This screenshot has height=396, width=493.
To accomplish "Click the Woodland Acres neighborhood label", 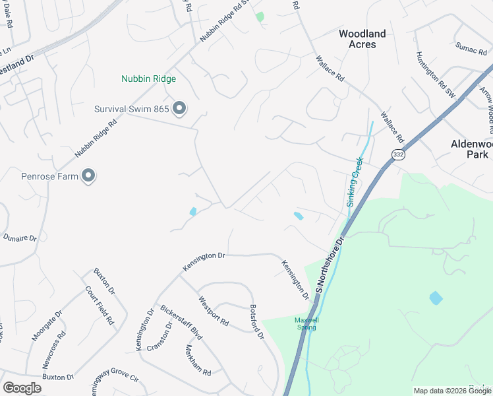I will (362, 39).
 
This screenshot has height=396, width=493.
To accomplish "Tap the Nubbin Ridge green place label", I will (148, 79).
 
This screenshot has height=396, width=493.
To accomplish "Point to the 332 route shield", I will (397, 154).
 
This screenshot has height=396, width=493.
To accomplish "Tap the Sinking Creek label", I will (355, 181).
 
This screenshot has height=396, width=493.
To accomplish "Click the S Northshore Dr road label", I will (331, 263).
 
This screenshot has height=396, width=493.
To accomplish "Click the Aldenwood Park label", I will (469, 148).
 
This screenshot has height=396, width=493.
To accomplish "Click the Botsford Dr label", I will (256, 321).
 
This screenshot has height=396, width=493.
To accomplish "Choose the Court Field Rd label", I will (100, 308).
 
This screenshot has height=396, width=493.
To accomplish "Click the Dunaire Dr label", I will (20, 237).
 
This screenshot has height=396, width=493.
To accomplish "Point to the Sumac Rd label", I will (471, 49).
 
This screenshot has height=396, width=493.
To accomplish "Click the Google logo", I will (22, 387).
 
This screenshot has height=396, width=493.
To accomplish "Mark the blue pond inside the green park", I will (436, 298).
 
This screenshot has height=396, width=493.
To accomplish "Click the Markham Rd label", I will (198, 360).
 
